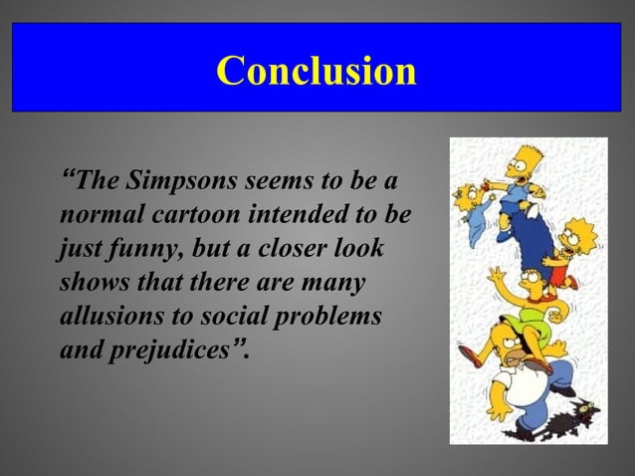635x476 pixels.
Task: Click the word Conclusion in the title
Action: [317, 70]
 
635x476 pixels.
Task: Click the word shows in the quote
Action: [91, 282]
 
